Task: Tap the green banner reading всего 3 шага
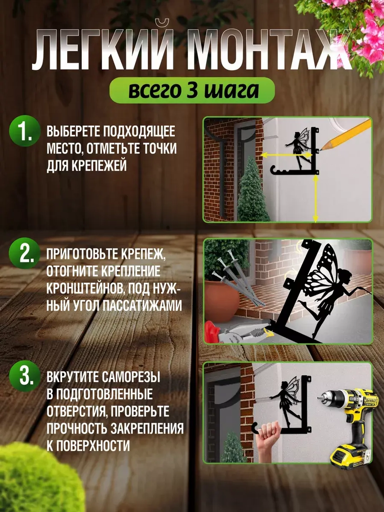192,91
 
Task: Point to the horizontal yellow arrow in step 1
280,154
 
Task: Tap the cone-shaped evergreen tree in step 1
252,192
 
